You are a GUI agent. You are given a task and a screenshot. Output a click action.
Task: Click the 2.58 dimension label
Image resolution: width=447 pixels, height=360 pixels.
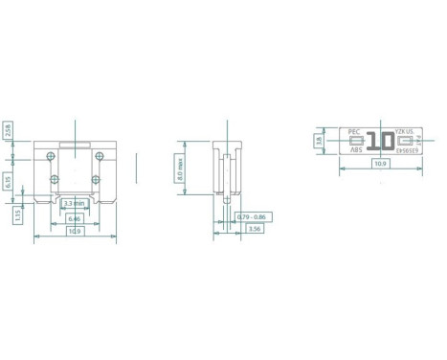click(x=8, y=131)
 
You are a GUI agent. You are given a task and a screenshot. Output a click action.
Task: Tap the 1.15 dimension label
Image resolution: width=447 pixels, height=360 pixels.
click(x=18, y=216)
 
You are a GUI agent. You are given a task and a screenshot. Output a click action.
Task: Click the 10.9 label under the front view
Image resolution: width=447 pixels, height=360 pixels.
click(x=73, y=232)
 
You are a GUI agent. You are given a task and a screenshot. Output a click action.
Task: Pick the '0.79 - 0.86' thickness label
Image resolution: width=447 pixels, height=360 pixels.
click(x=250, y=217)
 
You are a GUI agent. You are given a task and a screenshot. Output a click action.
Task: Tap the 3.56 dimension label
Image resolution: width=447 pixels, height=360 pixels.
click(x=254, y=230)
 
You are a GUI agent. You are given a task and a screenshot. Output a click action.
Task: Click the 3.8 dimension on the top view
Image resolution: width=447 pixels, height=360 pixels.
click(x=319, y=140)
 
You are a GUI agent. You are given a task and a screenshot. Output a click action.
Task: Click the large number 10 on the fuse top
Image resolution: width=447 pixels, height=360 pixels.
click(x=379, y=141)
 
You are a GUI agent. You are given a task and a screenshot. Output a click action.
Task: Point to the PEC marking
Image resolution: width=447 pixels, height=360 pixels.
click(x=353, y=131)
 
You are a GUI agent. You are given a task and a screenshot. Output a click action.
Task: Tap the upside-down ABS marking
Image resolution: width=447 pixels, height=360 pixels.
click(x=356, y=149)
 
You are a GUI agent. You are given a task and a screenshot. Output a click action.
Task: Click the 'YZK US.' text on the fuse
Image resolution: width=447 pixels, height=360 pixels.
click(x=403, y=131)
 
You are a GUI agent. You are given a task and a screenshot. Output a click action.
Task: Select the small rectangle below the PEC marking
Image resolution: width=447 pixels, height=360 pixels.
click(x=354, y=141)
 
